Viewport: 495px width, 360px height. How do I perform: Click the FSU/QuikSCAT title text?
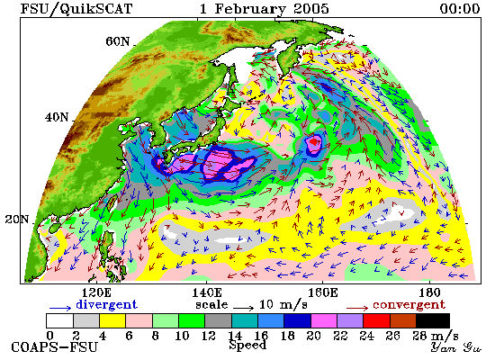76,8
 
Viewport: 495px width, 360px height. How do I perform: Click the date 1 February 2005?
265,8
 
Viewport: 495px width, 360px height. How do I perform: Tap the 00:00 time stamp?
460,8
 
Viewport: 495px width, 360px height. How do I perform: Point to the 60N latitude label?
117,41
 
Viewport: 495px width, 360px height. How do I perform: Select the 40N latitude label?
57,117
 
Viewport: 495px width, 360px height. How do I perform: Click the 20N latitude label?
17,219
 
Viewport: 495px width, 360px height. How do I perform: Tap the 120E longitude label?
96,292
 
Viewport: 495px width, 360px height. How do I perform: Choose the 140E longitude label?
207,292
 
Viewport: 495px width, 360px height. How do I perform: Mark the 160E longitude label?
322,292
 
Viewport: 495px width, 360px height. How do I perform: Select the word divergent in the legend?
106,305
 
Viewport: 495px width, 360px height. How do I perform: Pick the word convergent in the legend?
409,305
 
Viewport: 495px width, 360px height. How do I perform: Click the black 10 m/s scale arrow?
243,308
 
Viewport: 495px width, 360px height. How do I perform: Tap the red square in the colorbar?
376,320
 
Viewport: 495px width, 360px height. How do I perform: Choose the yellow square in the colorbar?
112,320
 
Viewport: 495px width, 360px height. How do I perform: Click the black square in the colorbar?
433,320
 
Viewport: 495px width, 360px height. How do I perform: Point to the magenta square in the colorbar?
324,320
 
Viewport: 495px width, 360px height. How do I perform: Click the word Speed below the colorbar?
247,346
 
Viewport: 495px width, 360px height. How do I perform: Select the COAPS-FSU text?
54,347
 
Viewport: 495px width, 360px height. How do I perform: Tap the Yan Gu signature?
455,347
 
